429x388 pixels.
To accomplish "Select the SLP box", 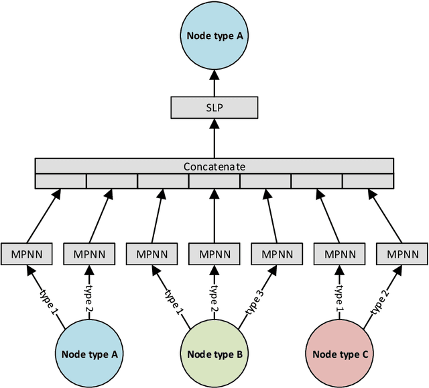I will tap(214, 107).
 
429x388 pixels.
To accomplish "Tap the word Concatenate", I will tap(214, 166).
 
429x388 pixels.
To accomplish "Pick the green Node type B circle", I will tap(213, 353).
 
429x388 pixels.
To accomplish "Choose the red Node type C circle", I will tap(339, 353).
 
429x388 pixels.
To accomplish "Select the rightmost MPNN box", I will tap(402, 254).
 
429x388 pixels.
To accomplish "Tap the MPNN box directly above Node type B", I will tap(214, 254).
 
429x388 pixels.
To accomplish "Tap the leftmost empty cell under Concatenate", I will tap(60, 181).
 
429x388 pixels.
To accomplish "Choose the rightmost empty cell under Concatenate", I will tap(367, 181).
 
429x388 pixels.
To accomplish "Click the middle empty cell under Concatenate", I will tap(214, 181).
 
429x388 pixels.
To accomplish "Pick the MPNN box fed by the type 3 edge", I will tap(276, 254).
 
